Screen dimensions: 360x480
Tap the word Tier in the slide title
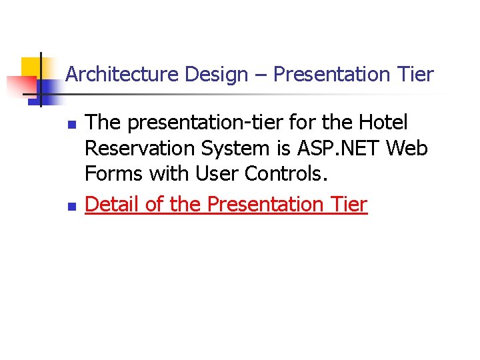pos(415,75)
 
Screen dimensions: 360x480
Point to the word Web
pos(407,148)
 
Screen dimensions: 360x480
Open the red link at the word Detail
pos(112,204)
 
